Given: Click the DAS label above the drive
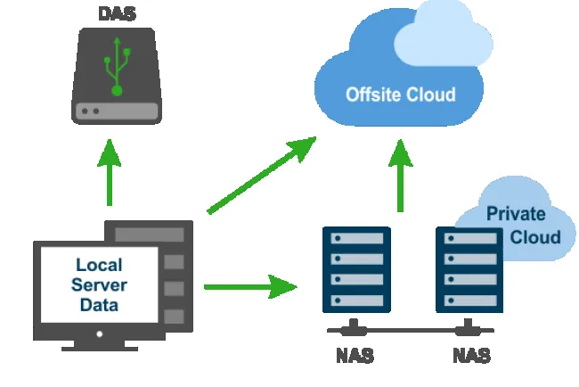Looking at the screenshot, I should tap(116, 14).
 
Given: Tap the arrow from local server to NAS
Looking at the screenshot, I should tap(249, 286).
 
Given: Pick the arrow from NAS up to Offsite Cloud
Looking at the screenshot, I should tap(400, 174).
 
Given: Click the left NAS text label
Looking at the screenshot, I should tap(355, 357).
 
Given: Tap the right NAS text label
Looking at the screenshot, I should tap(471, 357).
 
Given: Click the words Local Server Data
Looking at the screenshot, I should tap(100, 285).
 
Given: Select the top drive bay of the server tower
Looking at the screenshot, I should tap(148, 235).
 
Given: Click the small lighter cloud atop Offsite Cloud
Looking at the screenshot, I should tap(443, 40).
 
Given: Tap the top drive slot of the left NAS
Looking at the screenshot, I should tap(355, 240).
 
